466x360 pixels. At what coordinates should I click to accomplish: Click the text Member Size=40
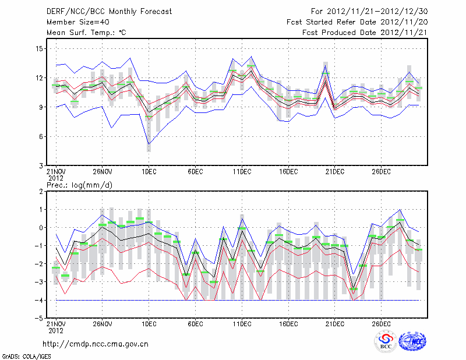pos(77,22)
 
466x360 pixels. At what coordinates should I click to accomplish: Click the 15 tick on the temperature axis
pos(38,48)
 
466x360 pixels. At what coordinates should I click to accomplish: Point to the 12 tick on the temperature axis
pos(38,77)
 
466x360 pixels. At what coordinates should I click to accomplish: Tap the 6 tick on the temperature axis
pos(40,136)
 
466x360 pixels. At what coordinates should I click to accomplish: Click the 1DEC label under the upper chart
pos(149,171)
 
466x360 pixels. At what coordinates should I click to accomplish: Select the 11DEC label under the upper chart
pos(242,171)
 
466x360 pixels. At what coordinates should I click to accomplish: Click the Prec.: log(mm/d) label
pos(78,185)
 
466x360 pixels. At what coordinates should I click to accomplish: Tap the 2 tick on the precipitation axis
pos(41,191)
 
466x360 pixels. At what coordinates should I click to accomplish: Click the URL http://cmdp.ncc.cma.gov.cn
pos(96,344)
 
